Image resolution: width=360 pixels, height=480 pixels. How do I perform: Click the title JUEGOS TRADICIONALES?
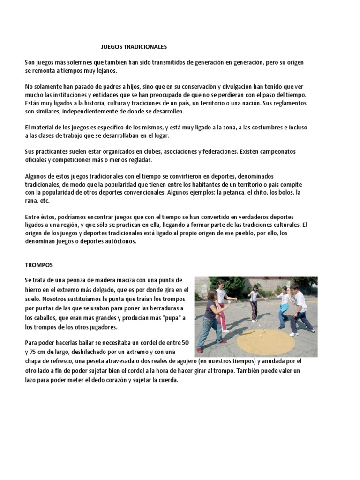[134, 47]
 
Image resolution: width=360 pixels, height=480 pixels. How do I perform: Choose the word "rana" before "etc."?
[31, 201]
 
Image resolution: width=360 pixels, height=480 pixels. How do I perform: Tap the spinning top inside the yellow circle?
[259, 337]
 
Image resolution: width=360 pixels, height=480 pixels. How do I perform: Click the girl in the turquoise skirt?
[284, 307]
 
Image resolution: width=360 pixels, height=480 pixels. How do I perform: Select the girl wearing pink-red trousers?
[221, 305]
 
